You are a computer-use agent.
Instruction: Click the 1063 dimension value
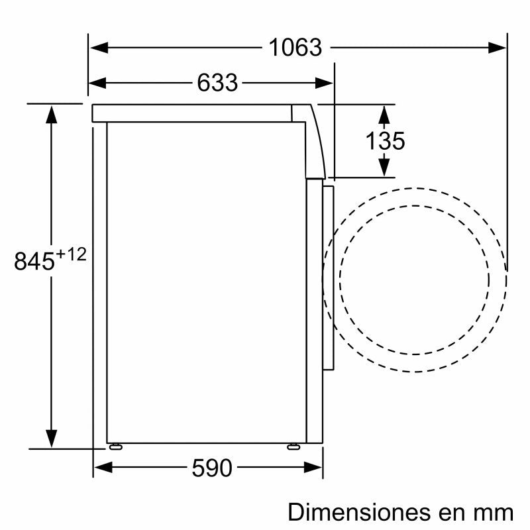pyautogui.click(x=295, y=48)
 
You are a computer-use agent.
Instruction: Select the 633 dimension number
pyautogui.click(x=217, y=83)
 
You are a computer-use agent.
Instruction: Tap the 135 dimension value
pyautogui.click(x=385, y=140)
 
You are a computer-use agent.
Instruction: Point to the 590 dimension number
pyautogui.click(x=212, y=469)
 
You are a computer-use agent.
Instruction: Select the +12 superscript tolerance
pyautogui.click(x=71, y=254)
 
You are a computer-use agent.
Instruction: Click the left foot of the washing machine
pyautogui.click(x=115, y=446)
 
